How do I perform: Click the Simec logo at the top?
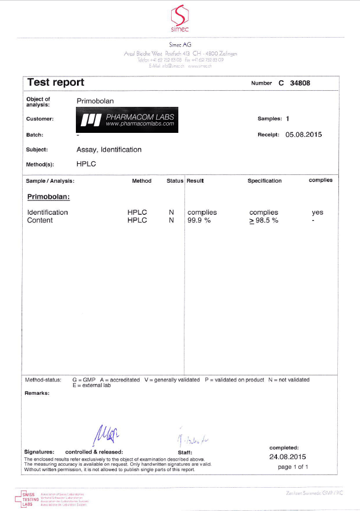(180, 19)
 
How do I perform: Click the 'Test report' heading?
(55, 82)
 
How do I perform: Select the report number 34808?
(312, 83)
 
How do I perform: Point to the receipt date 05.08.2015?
(304, 135)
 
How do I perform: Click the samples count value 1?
(287, 118)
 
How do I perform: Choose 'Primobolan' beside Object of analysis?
(95, 101)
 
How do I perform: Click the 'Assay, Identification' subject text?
(109, 149)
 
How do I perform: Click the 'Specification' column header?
(264, 181)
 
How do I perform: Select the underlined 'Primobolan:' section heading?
(48, 197)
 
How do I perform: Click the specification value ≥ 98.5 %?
(264, 220)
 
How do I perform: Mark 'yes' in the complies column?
(317, 213)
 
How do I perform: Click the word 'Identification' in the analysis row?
(48, 213)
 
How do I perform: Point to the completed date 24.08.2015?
(287, 457)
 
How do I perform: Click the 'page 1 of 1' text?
(293, 467)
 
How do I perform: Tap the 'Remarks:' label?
(37, 393)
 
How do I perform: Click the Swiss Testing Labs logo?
(28, 498)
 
